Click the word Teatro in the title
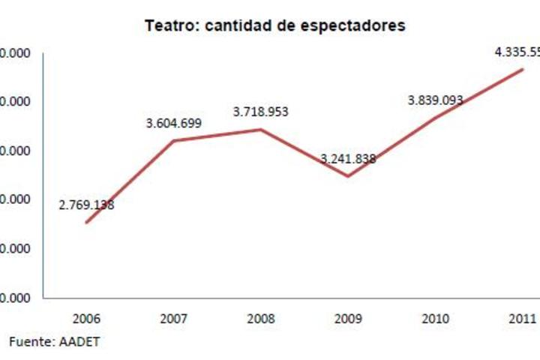point(167,25)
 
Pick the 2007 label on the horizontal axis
point(174,319)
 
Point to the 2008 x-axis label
point(261,319)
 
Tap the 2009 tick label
point(348,319)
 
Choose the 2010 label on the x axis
point(435,319)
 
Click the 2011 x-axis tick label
point(522,319)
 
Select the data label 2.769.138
point(87,204)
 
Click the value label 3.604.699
point(174,123)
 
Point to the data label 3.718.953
point(261,112)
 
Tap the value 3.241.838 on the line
point(348,158)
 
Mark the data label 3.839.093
point(435,100)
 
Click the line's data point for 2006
point(86,223)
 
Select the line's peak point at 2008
point(261,129)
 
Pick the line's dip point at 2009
point(348,177)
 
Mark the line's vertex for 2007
point(174,140)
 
